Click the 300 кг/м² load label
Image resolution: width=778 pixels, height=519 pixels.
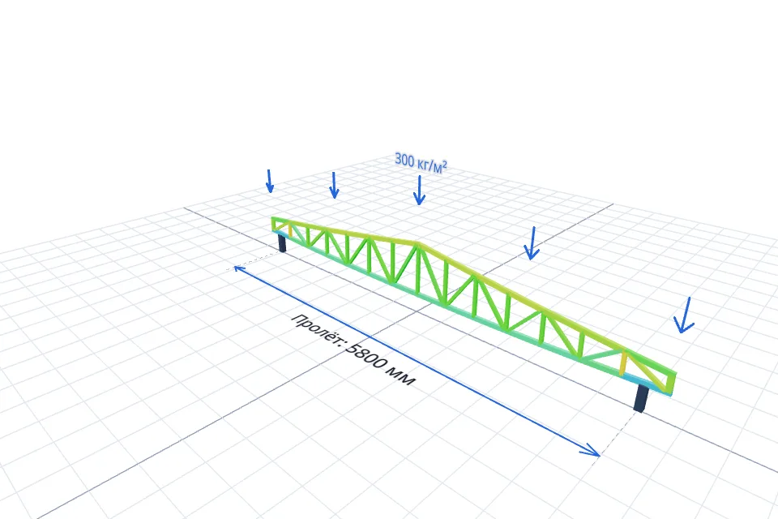[421, 163]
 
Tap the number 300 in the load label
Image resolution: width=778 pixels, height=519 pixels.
[404, 160]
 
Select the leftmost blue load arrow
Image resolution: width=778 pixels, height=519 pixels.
[269, 182]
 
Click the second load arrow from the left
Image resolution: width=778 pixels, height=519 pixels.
[334, 185]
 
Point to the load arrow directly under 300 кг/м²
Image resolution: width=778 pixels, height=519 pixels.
[419, 191]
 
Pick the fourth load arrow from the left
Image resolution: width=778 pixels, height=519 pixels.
[532, 243]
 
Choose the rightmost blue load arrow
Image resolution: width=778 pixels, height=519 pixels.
[685, 315]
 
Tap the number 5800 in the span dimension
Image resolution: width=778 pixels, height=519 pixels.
[368, 356]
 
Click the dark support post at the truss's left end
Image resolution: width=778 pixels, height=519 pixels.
[282, 243]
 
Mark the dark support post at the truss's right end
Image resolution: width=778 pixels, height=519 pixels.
[641, 398]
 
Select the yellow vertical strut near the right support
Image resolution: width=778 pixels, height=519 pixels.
[623, 363]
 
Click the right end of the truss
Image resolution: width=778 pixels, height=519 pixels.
[673, 383]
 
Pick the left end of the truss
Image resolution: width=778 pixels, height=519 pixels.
[273, 224]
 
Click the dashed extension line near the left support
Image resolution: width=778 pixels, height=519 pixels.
[257, 260]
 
